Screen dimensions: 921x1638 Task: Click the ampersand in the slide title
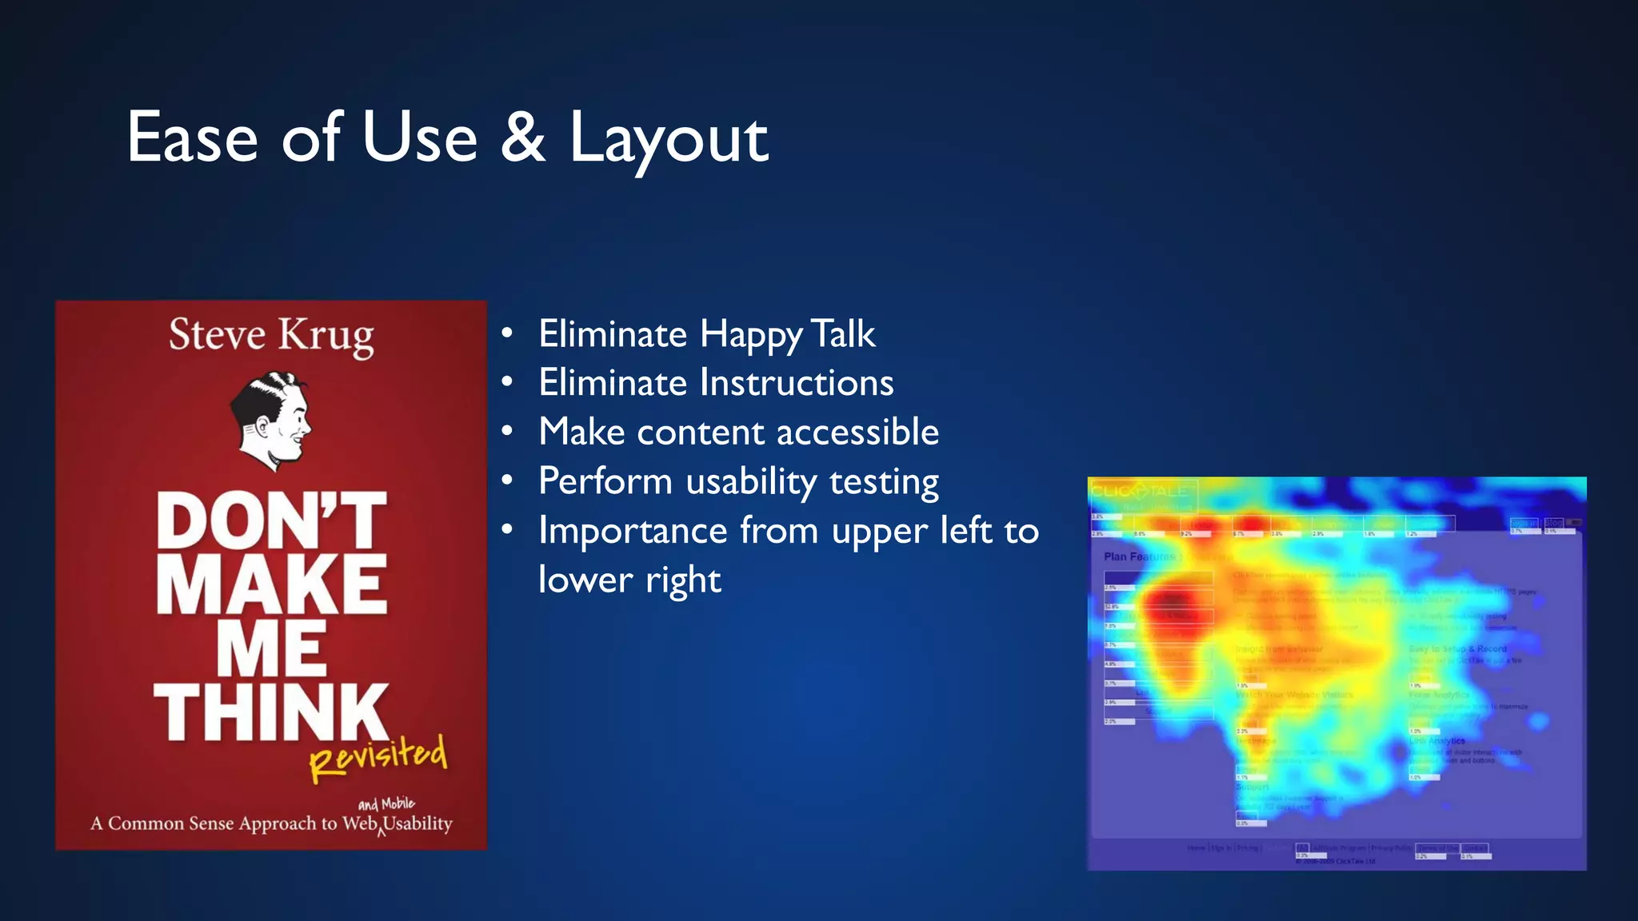(x=523, y=138)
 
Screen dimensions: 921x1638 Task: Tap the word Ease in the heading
(x=192, y=138)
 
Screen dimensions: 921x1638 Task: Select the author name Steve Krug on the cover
(x=271, y=335)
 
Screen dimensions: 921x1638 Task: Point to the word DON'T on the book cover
(x=271, y=520)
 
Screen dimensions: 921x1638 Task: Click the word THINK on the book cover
(x=271, y=712)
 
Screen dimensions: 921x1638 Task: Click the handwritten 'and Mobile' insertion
(x=386, y=803)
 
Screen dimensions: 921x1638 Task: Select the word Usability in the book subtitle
(x=417, y=823)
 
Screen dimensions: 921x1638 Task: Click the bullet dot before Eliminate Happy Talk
(x=507, y=333)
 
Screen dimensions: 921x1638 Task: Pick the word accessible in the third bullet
(x=857, y=433)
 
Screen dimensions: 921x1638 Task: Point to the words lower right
(x=629, y=580)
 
